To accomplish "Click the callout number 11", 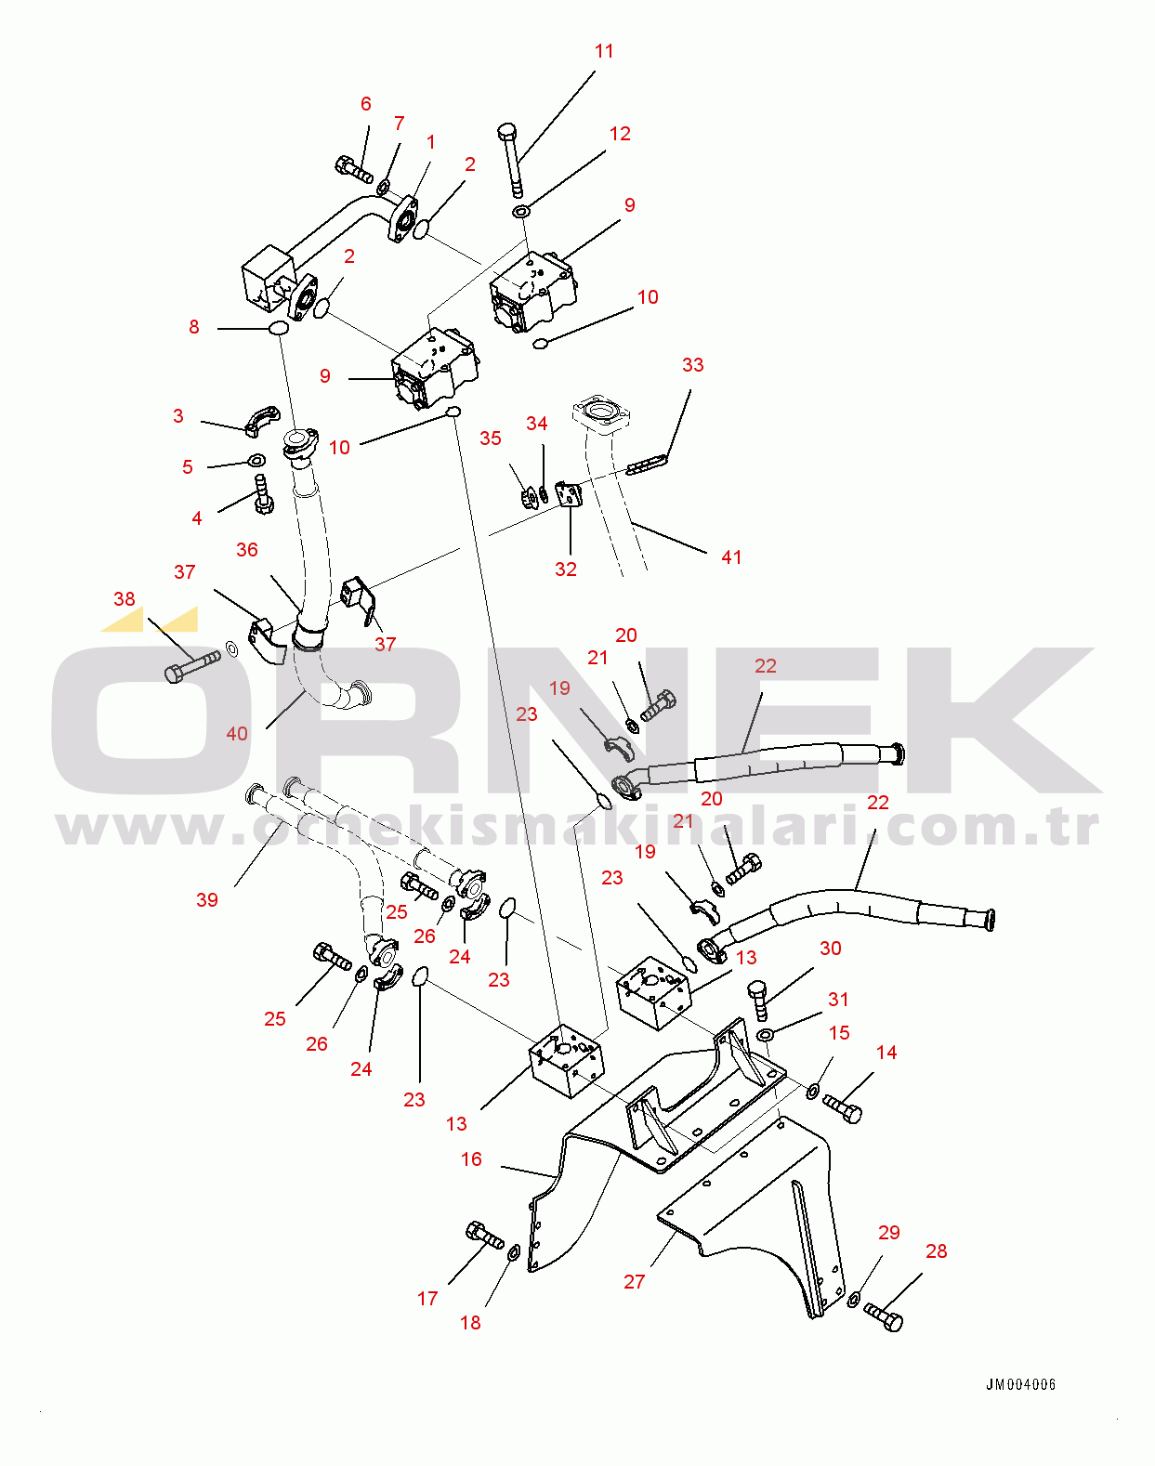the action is click(x=604, y=51).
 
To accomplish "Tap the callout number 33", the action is click(x=692, y=365).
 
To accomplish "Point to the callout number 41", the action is click(x=731, y=557).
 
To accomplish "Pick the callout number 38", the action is click(x=124, y=599).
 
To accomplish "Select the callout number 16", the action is click(x=471, y=1159).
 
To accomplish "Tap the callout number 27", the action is click(x=634, y=1282).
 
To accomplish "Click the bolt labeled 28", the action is click(x=883, y=1316).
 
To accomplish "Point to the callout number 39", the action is click(x=207, y=900).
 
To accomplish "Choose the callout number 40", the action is click(x=236, y=734).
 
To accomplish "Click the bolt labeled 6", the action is click(x=354, y=169).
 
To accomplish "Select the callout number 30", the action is click(x=830, y=949).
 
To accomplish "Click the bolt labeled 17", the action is click(x=485, y=1235).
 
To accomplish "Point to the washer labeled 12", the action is click(x=521, y=212).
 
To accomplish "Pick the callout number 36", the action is click(x=246, y=550).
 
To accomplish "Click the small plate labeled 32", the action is click(x=570, y=494).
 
